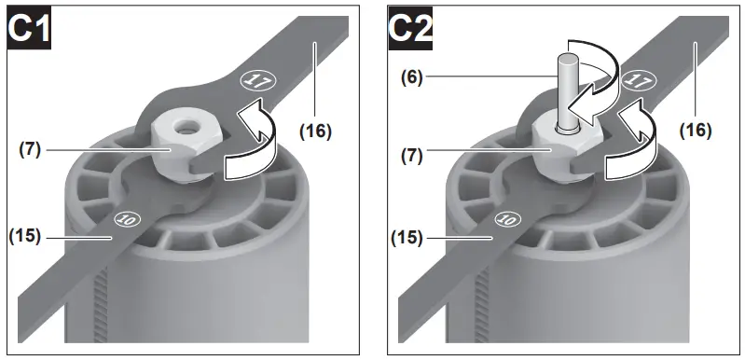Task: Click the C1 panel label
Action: tap(29, 29)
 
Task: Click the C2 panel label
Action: tap(410, 29)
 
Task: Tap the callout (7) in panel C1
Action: tap(30, 149)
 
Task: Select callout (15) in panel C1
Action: tap(24, 236)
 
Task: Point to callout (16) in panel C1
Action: tap(315, 131)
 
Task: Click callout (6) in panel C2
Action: tap(412, 76)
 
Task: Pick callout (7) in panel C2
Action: tap(411, 156)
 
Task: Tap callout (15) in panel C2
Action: tap(407, 238)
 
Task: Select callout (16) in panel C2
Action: tap(696, 130)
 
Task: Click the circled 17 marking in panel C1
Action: tap(258, 80)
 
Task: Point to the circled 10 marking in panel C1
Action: tap(127, 219)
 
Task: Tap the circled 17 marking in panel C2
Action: tap(639, 79)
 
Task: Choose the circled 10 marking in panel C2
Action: tap(508, 219)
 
